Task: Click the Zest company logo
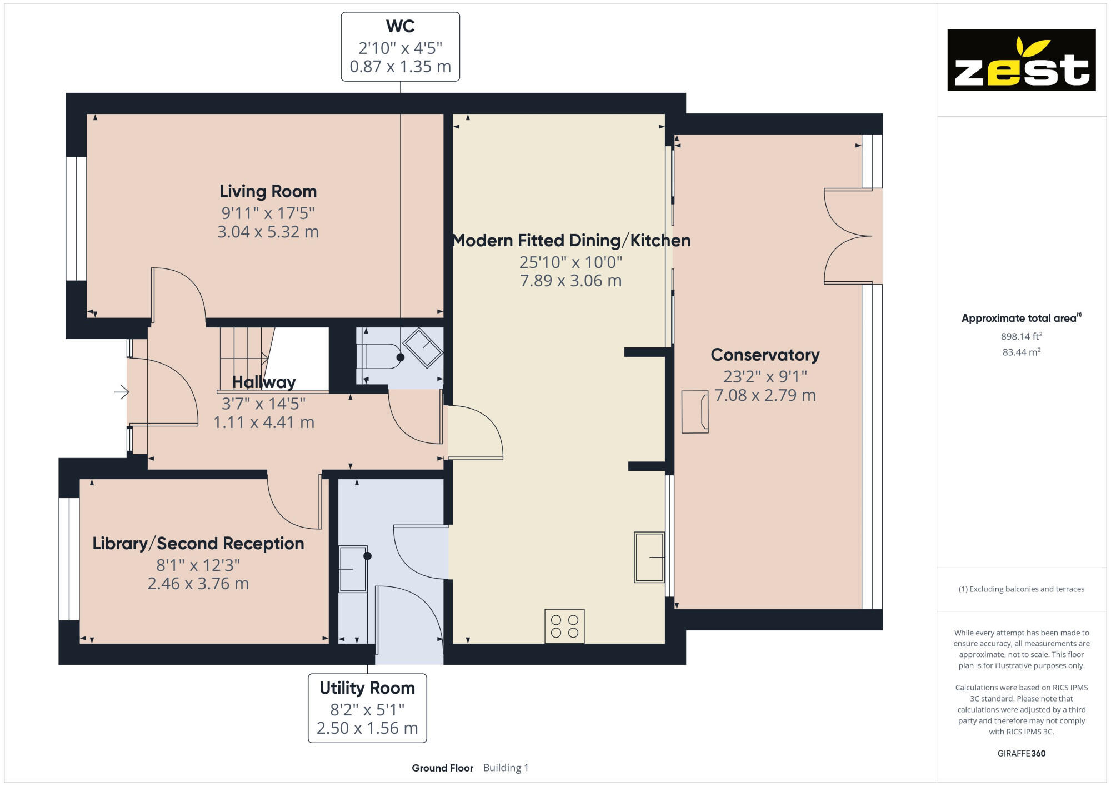pos(1021,60)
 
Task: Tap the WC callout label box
pos(400,47)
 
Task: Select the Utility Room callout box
pos(367,708)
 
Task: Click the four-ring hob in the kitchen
pos(564,626)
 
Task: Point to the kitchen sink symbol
pos(649,557)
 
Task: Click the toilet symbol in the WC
pos(381,357)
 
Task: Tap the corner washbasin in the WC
pos(423,348)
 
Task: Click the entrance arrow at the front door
pos(122,392)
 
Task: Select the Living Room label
pos(268,192)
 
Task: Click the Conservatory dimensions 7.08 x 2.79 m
pos(765,395)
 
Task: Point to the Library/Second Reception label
pos(198,544)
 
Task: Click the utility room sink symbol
pos(353,569)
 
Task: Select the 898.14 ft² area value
pos(1021,336)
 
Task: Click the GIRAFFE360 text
pos(1021,754)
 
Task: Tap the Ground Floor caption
pos(442,768)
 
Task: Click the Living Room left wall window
pos(76,218)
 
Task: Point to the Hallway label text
pos(264,382)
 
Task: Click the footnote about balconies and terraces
pos(1021,589)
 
